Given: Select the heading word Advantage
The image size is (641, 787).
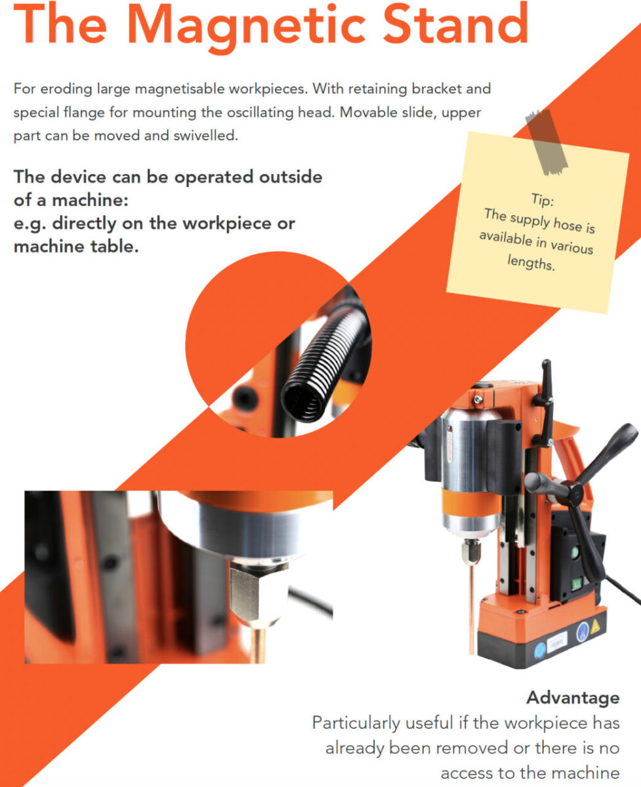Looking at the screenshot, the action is (573, 698).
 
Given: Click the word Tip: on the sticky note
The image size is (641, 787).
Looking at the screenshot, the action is (543, 200).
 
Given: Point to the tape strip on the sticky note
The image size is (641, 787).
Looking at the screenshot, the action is (546, 142).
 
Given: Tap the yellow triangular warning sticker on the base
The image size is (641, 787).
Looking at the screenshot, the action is (594, 626).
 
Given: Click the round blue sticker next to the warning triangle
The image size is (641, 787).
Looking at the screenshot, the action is (583, 630).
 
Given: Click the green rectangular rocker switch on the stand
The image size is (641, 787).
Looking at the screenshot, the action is (576, 584).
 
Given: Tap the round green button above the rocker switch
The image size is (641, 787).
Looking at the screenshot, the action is (575, 553).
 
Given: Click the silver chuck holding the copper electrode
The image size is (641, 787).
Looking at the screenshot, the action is (471, 552).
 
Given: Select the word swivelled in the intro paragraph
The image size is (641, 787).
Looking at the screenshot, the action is (205, 136).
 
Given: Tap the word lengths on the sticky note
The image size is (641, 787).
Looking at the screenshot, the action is (531, 262).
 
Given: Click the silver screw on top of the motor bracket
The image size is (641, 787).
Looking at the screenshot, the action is (478, 399).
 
